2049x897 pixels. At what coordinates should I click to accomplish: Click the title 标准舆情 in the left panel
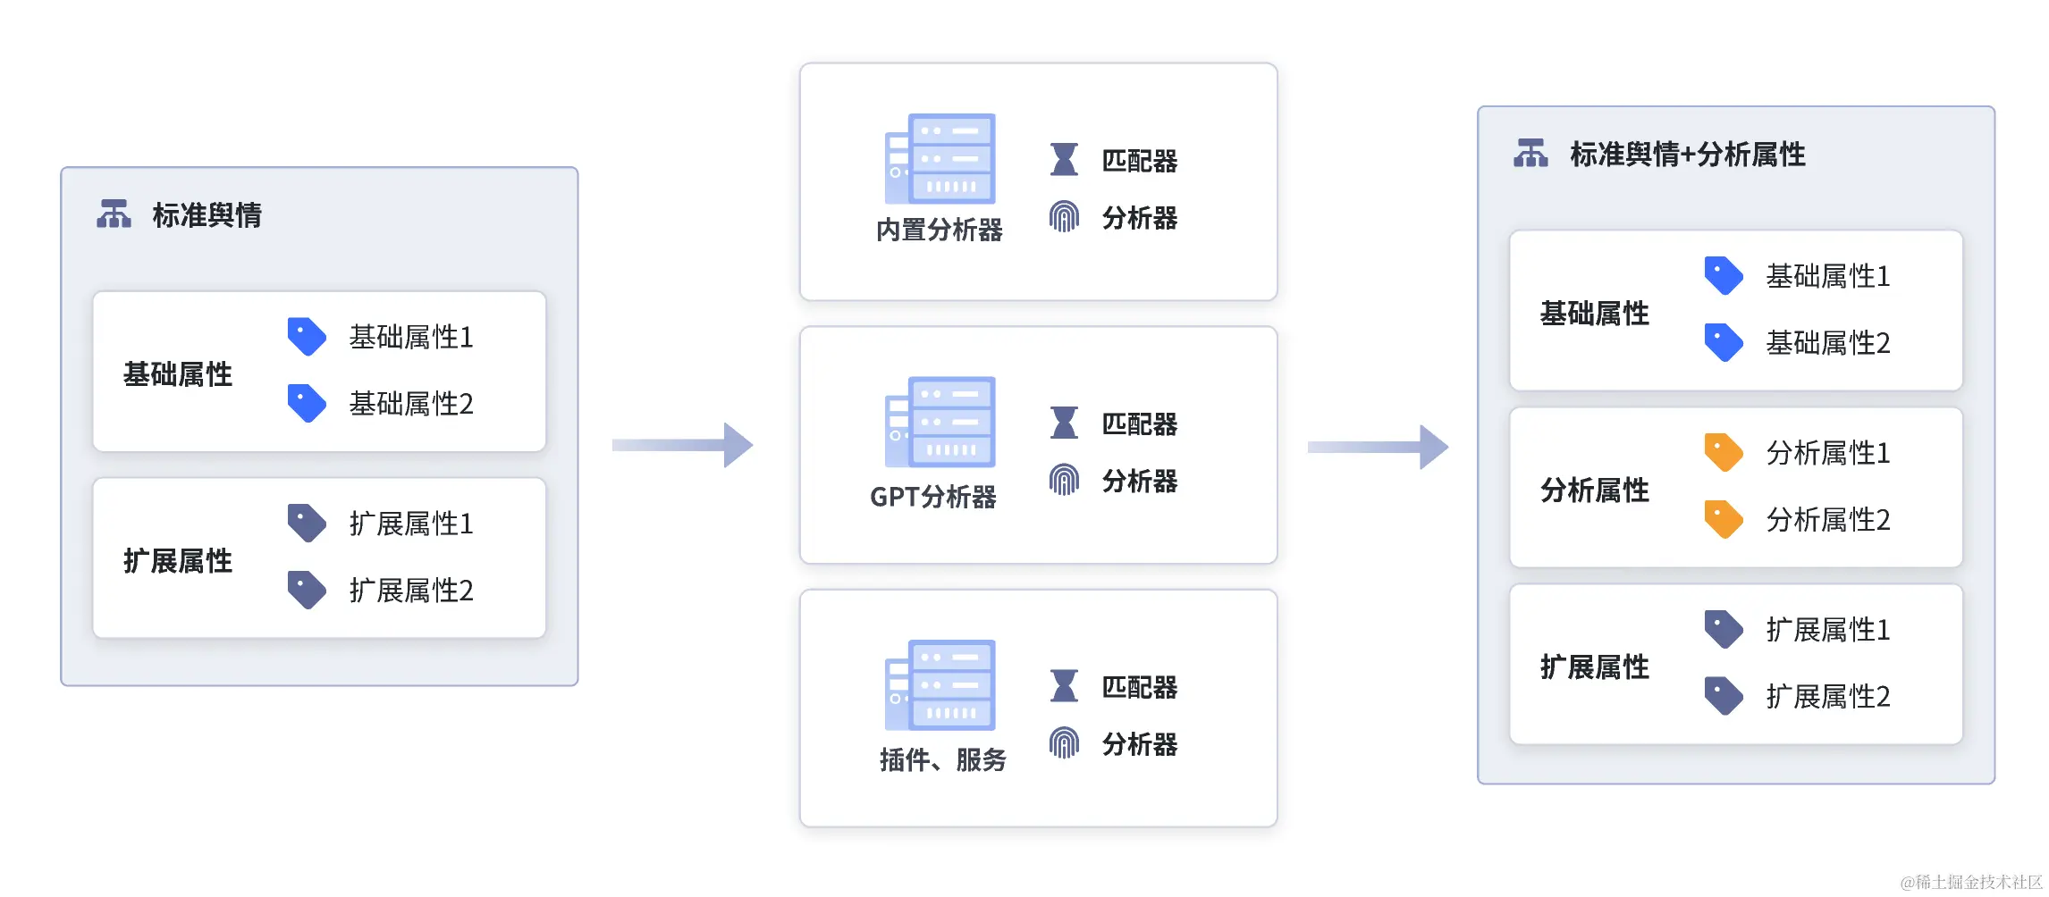click(207, 215)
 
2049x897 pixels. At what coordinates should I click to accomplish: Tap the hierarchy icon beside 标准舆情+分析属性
click(1530, 154)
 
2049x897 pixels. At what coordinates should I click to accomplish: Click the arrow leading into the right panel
click(1378, 447)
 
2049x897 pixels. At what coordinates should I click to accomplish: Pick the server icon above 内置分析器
click(940, 159)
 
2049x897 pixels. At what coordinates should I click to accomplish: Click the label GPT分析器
click(932, 497)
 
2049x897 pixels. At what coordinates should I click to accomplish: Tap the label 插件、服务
click(942, 760)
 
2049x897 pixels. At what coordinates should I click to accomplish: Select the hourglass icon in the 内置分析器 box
click(1064, 160)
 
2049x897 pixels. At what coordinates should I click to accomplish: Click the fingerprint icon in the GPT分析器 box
click(1064, 481)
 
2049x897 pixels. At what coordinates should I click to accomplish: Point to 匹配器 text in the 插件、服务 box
click(1139, 687)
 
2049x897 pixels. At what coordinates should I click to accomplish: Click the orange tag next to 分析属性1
click(1723, 453)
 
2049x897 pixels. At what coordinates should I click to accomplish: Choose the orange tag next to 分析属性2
click(1723, 519)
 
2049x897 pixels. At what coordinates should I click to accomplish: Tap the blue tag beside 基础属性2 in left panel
click(307, 404)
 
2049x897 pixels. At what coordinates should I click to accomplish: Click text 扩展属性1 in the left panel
click(410, 524)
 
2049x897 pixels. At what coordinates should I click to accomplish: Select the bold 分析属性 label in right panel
click(1594, 490)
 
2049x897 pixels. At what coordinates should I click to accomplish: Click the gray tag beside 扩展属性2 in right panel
click(1723, 696)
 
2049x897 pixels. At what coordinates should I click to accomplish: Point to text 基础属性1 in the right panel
click(1827, 277)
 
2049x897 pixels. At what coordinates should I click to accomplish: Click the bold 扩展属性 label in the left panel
click(178, 561)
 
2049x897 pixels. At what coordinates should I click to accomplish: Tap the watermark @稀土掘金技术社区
click(1970, 882)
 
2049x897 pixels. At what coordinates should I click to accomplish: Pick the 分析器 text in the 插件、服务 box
click(1139, 744)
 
